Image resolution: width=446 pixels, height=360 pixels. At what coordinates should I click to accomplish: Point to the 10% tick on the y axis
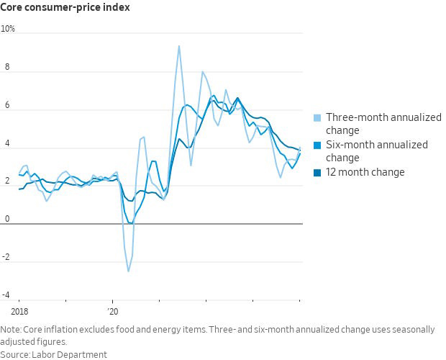8,30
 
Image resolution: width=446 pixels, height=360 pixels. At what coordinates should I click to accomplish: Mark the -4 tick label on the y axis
6,295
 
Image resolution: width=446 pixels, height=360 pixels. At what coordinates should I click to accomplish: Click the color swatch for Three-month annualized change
317,117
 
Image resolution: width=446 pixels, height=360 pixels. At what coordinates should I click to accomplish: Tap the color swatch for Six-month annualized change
317,145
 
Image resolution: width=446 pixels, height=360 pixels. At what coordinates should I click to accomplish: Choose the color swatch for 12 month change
317,172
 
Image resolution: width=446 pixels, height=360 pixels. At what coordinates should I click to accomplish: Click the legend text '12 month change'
365,172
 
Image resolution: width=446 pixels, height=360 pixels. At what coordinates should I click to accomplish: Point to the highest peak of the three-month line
178,46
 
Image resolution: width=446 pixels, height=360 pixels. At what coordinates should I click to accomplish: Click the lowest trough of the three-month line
129,271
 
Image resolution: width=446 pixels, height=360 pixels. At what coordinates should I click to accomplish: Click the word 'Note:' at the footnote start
12,330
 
